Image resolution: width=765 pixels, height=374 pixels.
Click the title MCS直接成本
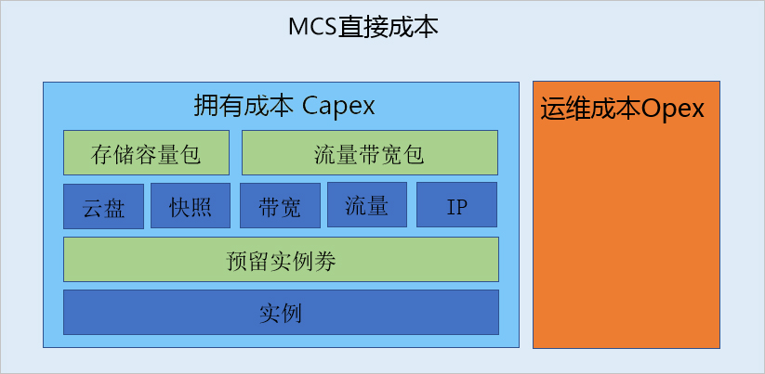coord(363,27)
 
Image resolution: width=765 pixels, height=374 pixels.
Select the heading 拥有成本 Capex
coord(284,106)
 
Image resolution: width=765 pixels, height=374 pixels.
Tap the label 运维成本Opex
coord(622,109)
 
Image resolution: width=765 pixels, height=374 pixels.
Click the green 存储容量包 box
coord(146,153)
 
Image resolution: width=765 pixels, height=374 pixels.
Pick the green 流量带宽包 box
coord(369,153)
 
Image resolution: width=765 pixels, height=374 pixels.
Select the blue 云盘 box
coord(103,206)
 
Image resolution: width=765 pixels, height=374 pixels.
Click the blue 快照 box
coord(190,206)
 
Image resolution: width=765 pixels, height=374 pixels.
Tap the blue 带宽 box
coord(280,206)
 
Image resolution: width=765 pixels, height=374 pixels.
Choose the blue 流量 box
coord(366,205)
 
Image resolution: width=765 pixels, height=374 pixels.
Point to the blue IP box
coord(456,206)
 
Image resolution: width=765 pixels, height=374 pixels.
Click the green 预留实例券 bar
coord(281,260)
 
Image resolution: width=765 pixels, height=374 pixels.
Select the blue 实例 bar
coord(281,313)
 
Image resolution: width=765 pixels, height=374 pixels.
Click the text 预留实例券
coord(281,261)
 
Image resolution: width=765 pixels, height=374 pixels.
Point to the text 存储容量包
coord(146,154)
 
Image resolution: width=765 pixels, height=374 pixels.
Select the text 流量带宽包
coord(369,154)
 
